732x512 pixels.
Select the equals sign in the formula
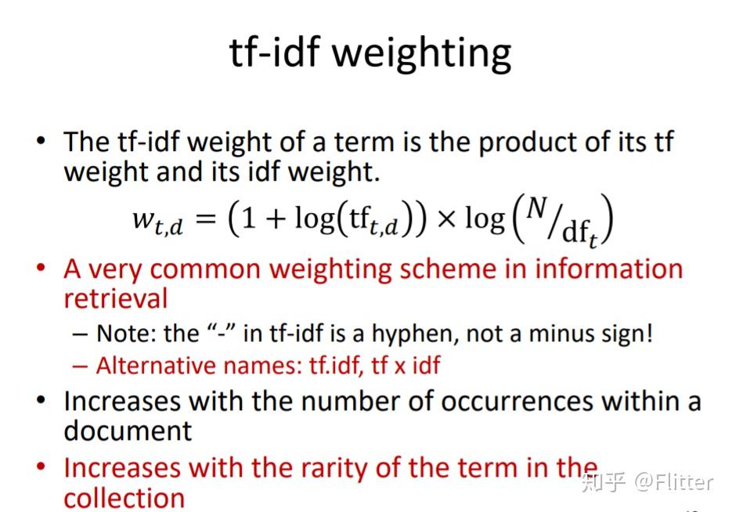point(205,219)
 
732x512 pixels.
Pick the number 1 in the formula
point(248,219)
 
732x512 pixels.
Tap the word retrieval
point(115,298)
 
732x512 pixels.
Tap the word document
point(128,431)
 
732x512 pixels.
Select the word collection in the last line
point(124,498)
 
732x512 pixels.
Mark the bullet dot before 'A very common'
point(41,269)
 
